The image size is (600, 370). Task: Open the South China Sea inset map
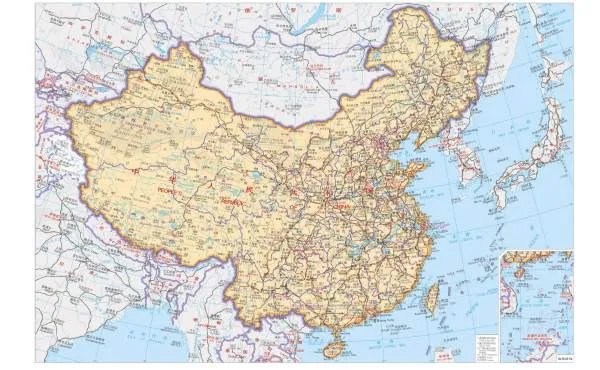[x=536, y=300]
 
